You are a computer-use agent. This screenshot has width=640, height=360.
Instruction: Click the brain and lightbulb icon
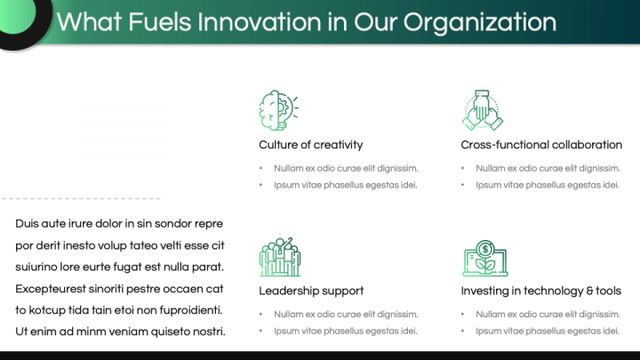coord(279,110)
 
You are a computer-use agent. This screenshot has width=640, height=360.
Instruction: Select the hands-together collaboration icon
coord(483,110)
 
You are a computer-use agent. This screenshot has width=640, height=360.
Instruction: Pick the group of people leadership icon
coord(280,257)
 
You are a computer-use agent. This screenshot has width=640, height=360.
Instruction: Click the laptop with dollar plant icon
coord(485,258)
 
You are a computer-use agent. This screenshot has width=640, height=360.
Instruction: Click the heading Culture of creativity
coord(310,145)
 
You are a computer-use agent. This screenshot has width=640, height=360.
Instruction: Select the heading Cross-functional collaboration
coord(541,145)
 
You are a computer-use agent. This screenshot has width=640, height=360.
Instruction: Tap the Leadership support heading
coord(311,291)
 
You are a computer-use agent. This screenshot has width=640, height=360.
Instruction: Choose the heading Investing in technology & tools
coord(540,291)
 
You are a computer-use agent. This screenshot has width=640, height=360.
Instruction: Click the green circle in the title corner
coord(16,15)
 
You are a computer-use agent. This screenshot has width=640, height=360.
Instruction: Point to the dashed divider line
coord(81,199)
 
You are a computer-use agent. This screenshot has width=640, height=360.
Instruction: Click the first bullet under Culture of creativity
coord(346,168)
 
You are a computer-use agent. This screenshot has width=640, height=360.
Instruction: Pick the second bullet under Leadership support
coord(345,331)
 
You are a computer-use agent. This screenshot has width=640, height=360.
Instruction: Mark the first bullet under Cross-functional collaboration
coord(548,168)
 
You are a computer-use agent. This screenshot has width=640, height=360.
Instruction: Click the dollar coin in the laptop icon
coord(485,248)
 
